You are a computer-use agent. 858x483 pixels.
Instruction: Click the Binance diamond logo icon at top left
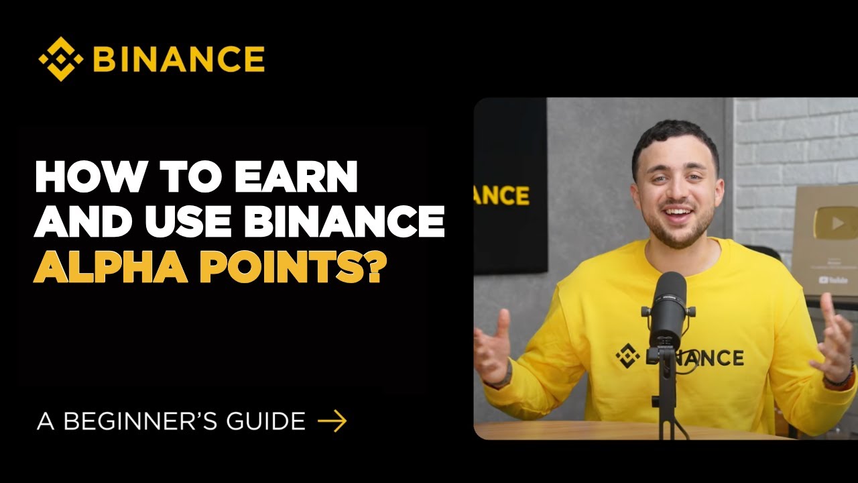61,59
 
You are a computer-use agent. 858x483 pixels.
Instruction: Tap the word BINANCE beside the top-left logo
178,59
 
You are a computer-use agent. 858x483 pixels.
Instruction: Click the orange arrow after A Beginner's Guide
332,421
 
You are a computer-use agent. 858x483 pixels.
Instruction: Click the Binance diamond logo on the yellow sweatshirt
627,356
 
